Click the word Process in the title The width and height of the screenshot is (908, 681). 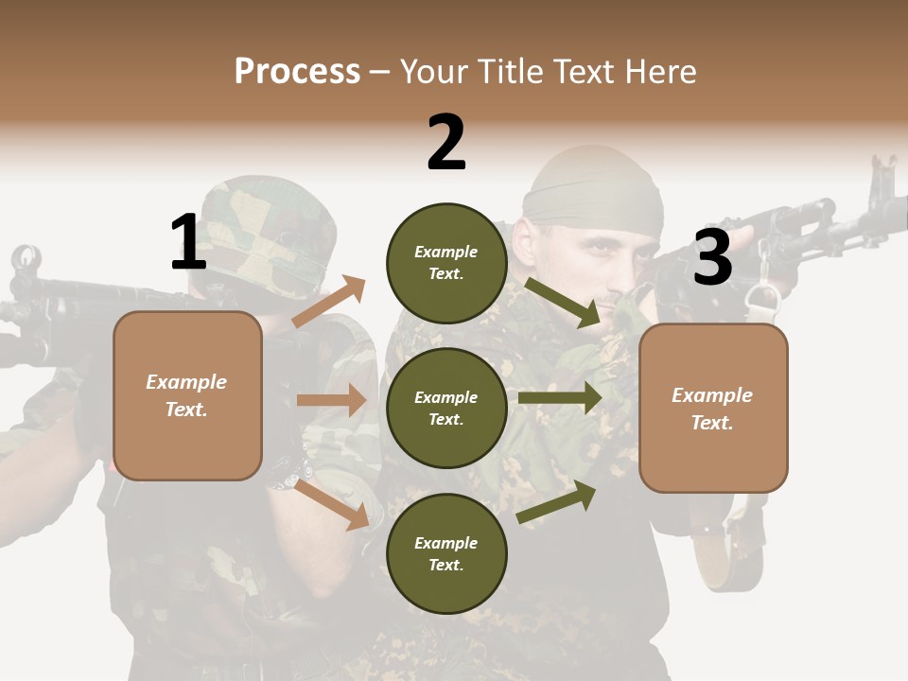297,72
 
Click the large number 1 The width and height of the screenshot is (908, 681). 188,242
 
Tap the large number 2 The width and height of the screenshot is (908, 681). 446,143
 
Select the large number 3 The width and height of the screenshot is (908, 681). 712,258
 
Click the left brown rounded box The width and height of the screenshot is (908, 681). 187,395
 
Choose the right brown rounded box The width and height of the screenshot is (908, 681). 713,408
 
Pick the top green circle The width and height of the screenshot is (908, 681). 446,263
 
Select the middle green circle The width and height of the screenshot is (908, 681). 446,408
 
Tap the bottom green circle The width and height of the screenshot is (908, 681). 446,553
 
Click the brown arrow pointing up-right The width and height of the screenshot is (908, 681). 329,302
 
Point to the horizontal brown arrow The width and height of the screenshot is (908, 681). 331,400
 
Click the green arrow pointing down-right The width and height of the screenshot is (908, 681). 564,302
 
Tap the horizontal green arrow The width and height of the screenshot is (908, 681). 560,397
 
